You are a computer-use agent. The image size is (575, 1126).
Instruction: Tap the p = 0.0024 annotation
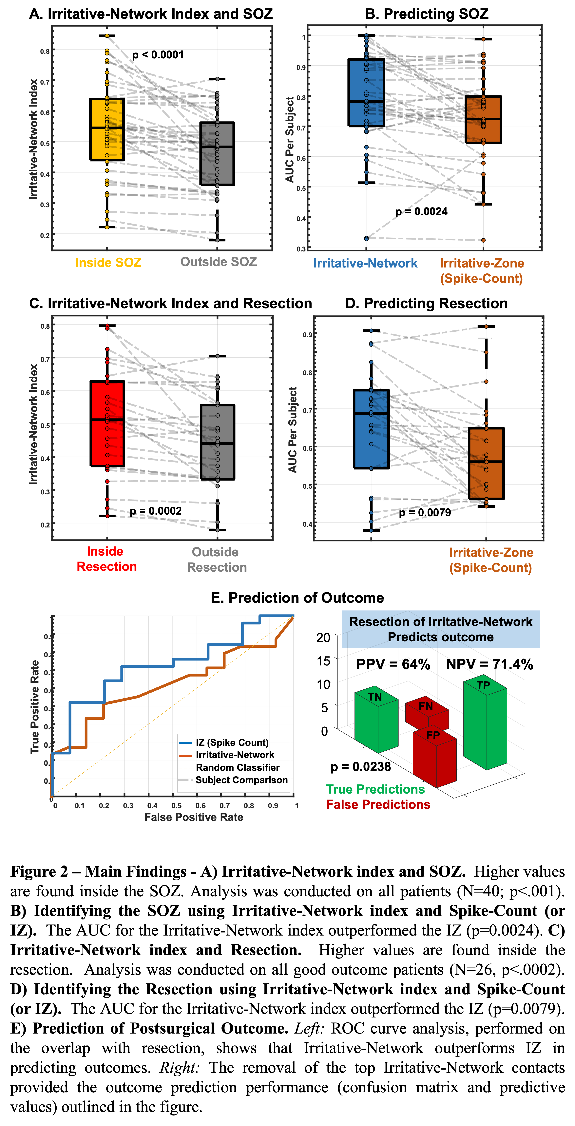pos(421,212)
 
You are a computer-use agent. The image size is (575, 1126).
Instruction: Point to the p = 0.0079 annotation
pos(425,513)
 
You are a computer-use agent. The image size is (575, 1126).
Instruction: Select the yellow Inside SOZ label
pos(108,263)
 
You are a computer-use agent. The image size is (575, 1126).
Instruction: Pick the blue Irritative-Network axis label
pos(365,263)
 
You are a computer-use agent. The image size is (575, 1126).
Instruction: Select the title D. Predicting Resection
pos(426,303)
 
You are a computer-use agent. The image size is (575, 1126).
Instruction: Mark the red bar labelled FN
pos(426,710)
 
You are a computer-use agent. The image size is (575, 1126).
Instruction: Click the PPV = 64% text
pos(393,664)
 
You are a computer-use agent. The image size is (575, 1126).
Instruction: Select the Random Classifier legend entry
pos(237,768)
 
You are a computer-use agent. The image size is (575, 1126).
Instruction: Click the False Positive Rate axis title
pos(194,817)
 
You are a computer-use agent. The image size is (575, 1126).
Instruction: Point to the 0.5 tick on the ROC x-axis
pos(177,806)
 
